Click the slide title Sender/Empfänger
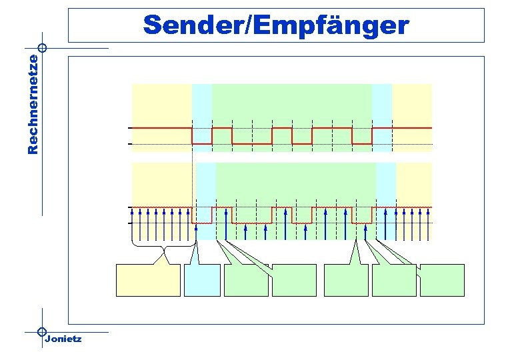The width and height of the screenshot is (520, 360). point(276,25)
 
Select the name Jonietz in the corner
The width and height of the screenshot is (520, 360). point(63,339)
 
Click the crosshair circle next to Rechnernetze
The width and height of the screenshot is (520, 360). point(42,48)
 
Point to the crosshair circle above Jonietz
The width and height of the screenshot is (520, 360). point(42,331)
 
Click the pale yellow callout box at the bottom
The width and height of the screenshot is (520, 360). point(148,280)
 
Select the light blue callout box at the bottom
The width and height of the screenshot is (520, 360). point(202,280)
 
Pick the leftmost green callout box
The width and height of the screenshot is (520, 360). point(246,280)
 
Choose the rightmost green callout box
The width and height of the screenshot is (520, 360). point(442,280)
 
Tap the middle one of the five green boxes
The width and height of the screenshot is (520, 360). point(345,280)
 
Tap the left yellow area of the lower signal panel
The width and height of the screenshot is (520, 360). point(164,183)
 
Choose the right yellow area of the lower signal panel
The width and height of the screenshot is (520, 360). point(414,183)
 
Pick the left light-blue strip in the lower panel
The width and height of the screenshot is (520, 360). point(206,183)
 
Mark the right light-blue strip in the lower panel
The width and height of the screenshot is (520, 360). point(386,183)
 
